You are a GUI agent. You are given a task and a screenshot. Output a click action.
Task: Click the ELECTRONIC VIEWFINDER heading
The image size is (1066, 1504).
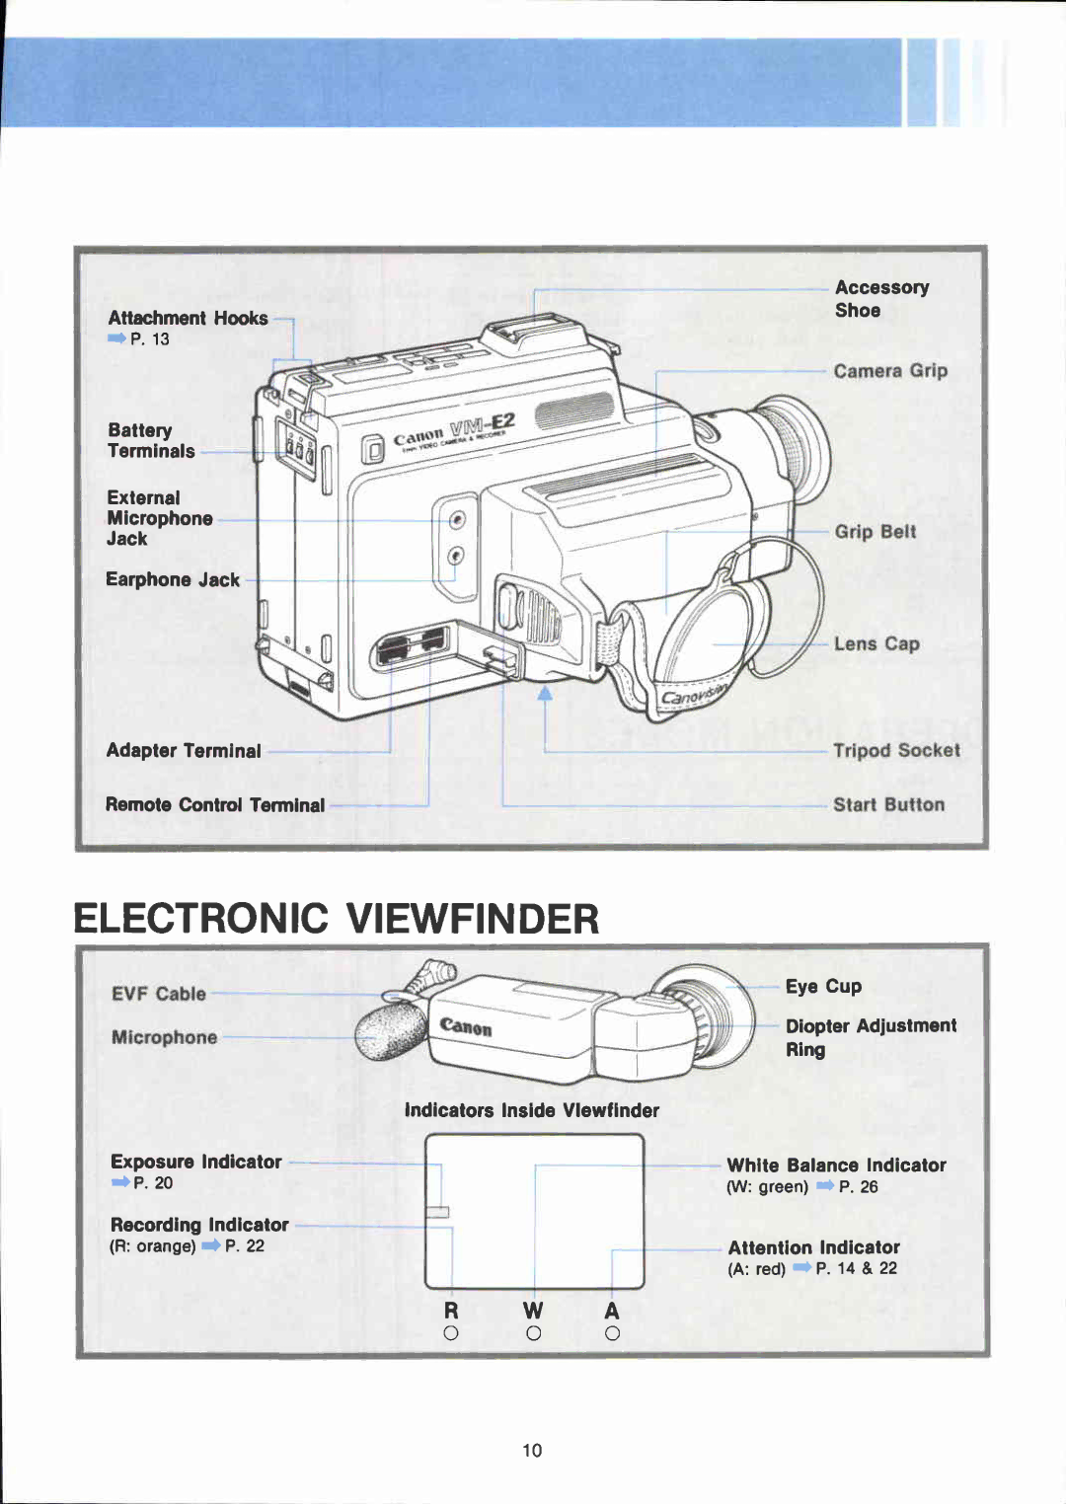tap(336, 919)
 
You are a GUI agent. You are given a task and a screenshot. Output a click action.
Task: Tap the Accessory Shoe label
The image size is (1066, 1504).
tap(881, 298)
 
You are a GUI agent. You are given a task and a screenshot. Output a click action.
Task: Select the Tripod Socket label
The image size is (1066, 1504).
tap(896, 750)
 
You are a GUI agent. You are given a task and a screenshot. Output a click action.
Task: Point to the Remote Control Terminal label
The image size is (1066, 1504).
tap(214, 804)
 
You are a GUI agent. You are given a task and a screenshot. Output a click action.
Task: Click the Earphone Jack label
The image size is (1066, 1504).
tap(173, 579)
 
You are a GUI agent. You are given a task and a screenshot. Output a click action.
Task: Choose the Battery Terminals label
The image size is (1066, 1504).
tap(151, 440)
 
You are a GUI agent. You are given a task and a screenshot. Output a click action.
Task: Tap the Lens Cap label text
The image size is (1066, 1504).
tap(876, 643)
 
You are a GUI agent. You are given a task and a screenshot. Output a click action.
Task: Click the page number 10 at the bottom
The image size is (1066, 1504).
tap(532, 1450)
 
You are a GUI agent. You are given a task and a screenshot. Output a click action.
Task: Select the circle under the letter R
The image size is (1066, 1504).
tap(451, 1333)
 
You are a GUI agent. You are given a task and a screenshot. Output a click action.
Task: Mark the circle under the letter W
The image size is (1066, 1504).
tap(533, 1333)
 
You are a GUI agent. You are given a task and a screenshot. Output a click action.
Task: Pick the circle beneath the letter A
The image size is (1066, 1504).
tap(612, 1333)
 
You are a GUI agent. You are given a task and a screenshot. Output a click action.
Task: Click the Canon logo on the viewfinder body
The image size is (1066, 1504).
tap(466, 1027)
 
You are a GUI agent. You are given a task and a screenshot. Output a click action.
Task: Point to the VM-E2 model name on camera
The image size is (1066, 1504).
tap(482, 426)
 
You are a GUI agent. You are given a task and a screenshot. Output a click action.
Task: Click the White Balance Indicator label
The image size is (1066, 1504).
tap(836, 1166)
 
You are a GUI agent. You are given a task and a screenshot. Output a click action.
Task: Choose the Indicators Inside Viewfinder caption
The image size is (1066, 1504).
tap(531, 1110)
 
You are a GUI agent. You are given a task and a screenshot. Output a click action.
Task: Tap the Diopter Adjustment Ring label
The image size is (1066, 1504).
tap(870, 1037)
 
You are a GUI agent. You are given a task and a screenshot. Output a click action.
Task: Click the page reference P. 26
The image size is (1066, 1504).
tap(858, 1187)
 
